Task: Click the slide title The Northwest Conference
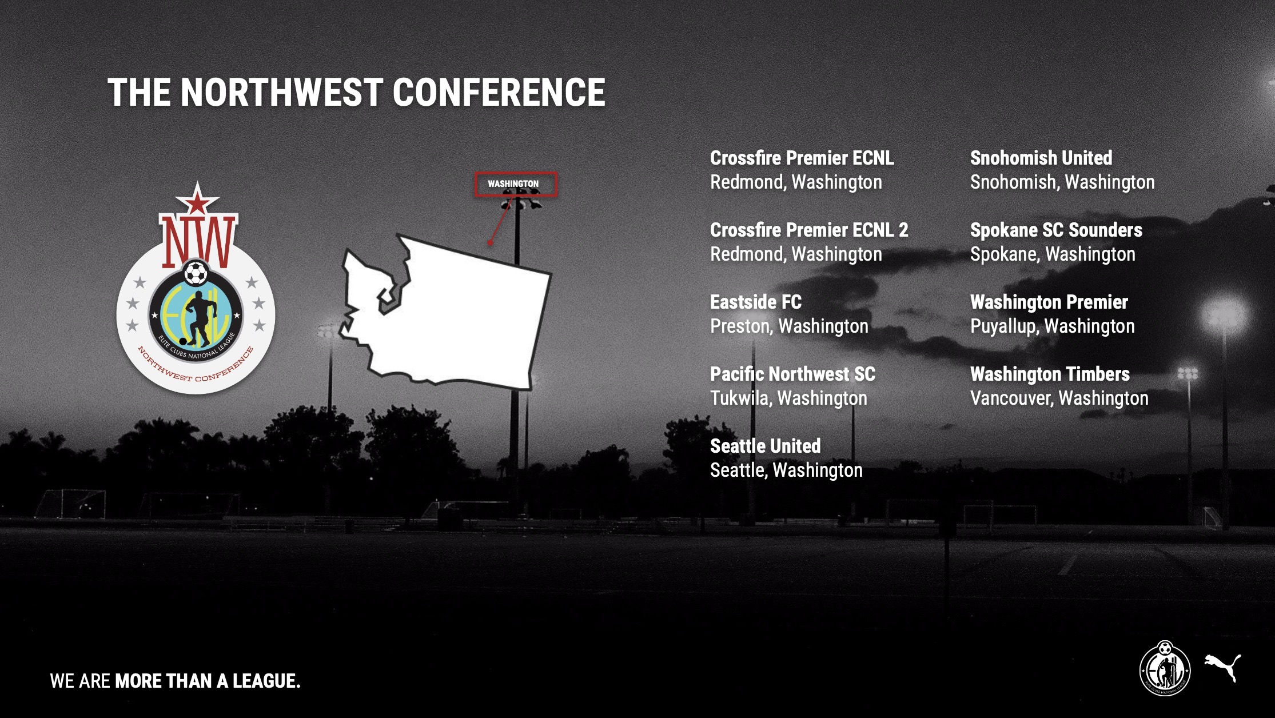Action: pyautogui.click(x=356, y=92)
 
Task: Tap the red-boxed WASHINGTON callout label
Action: pyautogui.click(x=515, y=184)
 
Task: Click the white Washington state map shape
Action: pyautogui.click(x=445, y=312)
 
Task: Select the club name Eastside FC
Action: pyautogui.click(x=755, y=302)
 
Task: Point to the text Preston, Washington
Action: pyautogui.click(x=789, y=326)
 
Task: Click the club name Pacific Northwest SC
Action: pyautogui.click(x=792, y=374)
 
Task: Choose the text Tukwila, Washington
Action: pyautogui.click(x=788, y=398)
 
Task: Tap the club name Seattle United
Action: pyautogui.click(x=765, y=446)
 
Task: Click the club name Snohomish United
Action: pyautogui.click(x=1041, y=158)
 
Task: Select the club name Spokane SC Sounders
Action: pyautogui.click(x=1056, y=230)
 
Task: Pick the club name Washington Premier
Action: pyautogui.click(x=1049, y=302)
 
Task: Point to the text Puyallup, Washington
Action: pyautogui.click(x=1052, y=326)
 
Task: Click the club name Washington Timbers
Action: pyautogui.click(x=1050, y=374)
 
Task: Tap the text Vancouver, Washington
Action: pyautogui.click(x=1059, y=398)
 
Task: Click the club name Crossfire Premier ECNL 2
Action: pyautogui.click(x=808, y=230)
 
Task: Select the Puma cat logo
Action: pyautogui.click(x=1223, y=668)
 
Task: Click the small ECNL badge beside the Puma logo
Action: pyautogui.click(x=1165, y=668)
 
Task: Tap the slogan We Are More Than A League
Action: pyautogui.click(x=175, y=681)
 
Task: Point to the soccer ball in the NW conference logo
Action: pyautogui.click(x=196, y=273)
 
